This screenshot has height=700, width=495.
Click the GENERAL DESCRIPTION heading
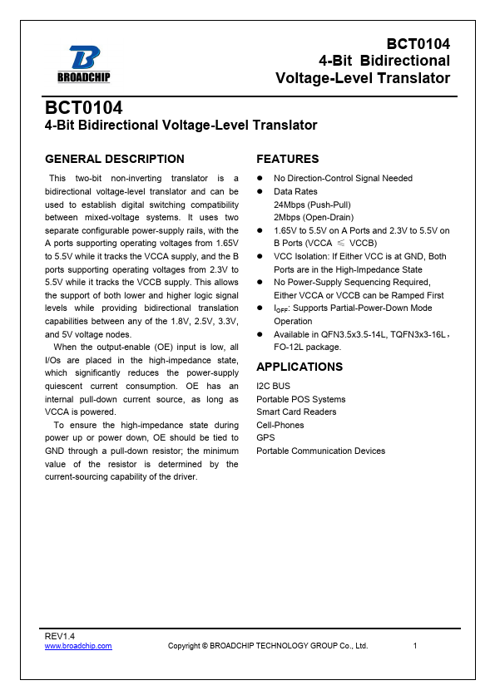(115, 159)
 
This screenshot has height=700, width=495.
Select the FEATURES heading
(288, 159)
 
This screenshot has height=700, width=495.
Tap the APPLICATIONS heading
(299, 367)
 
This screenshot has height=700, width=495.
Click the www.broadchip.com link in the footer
(78, 646)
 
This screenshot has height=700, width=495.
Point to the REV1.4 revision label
(59, 636)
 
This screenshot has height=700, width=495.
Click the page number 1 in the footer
(415, 646)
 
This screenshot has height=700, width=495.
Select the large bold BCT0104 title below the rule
(84, 109)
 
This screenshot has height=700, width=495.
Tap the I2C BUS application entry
(274, 387)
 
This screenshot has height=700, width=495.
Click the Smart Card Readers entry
(296, 412)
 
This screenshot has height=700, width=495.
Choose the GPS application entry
(265, 438)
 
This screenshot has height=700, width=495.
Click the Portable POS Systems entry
(301, 399)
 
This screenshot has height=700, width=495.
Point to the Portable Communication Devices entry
(321, 451)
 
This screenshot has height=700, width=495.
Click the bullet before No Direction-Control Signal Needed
(260, 179)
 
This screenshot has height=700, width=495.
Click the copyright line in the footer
(268, 646)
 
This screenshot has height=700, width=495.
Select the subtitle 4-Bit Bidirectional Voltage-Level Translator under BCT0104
(181, 126)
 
